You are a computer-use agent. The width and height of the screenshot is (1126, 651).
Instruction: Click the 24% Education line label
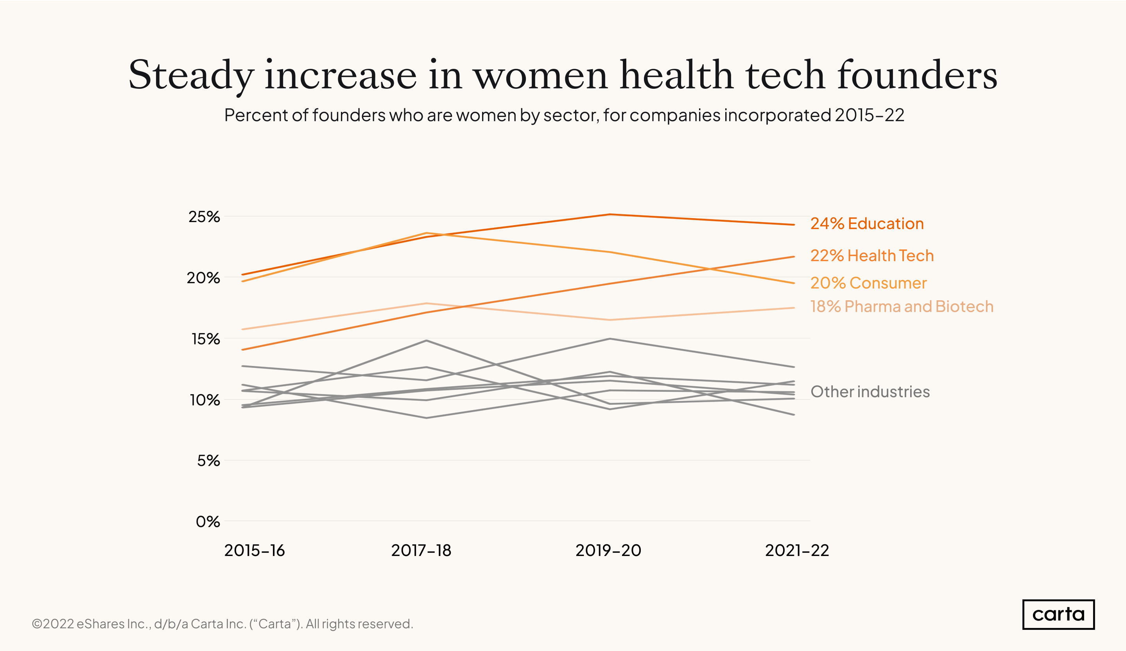(x=867, y=223)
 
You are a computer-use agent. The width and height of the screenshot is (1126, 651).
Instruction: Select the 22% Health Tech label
(x=872, y=256)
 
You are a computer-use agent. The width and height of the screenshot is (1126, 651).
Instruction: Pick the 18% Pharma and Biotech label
(x=902, y=307)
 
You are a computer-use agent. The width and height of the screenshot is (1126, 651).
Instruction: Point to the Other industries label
(x=870, y=391)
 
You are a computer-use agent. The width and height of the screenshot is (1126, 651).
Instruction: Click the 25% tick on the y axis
(x=204, y=217)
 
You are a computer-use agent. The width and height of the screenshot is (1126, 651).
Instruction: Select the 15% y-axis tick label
(x=206, y=339)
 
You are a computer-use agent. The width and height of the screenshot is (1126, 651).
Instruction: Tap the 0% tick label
(x=208, y=522)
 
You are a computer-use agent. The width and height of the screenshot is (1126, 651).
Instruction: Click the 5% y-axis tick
(x=208, y=461)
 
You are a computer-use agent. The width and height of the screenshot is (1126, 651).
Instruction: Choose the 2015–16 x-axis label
(x=254, y=551)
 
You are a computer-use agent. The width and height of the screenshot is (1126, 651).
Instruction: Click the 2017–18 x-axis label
(x=421, y=551)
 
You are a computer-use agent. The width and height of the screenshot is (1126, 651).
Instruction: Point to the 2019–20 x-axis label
(x=608, y=551)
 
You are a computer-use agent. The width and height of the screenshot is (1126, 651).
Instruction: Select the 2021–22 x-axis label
(x=797, y=551)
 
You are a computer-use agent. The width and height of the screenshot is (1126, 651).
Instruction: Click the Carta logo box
(x=1058, y=614)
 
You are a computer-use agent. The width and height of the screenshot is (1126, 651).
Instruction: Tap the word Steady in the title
(x=191, y=75)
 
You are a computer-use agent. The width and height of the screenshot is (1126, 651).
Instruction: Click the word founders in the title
(x=917, y=75)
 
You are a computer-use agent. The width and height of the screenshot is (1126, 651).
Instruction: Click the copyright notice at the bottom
(x=222, y=624)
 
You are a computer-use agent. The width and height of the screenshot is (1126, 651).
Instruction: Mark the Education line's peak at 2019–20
(x=610, y=215)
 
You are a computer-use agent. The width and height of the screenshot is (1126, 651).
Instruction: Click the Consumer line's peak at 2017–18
(x=427, y=233)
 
